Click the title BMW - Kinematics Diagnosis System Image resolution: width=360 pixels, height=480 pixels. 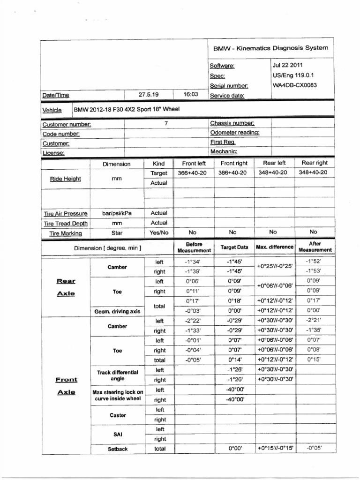[270, 48]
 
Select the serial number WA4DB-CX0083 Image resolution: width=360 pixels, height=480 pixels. [295, 85]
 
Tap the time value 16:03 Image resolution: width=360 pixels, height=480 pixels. [191, 94]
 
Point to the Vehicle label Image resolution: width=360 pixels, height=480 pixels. [52, 110]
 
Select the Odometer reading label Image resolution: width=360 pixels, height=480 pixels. [234, 133]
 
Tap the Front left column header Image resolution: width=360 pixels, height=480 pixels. [194, 164]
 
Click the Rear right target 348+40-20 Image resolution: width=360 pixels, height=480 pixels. [313, 173]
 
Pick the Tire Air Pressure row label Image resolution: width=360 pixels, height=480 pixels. [66, 213]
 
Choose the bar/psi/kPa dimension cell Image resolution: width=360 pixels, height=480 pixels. [117, 213]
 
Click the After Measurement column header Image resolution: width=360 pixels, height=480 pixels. [315, 247]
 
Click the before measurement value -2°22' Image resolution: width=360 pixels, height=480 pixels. [193, 321]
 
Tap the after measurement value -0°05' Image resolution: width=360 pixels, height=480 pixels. [314, 448]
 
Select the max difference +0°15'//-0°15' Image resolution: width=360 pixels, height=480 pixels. [275, 448]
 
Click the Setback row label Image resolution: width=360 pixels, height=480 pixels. [118, 449]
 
